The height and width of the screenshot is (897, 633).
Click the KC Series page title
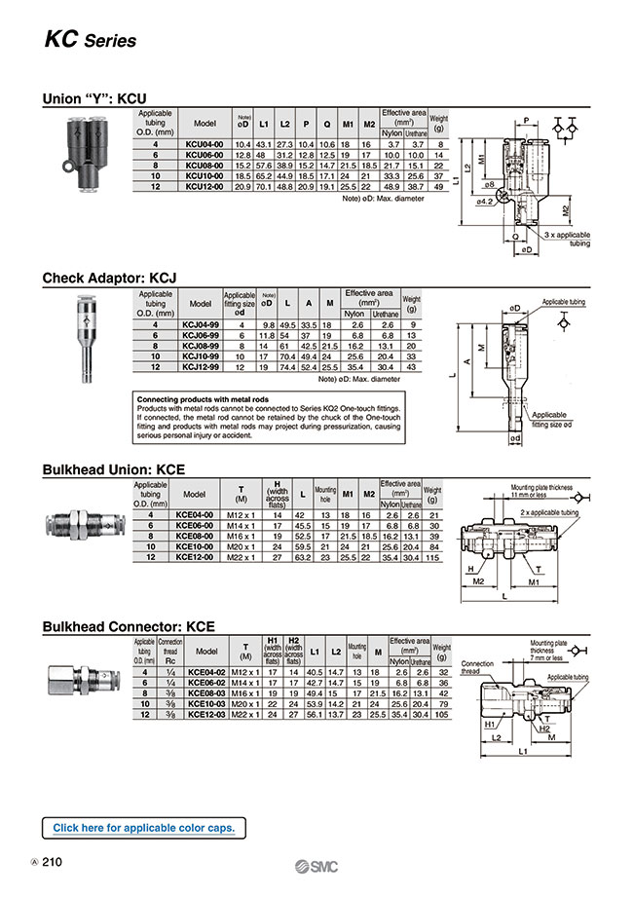click(x=90, y=41)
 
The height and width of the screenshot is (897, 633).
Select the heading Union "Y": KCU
click(x=94, y=98)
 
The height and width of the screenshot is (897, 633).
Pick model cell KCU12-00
click(x=205, y=185)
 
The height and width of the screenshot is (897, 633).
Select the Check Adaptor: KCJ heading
click(x=109, y=278)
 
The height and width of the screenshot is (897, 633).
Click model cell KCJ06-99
click(x=201, y=334)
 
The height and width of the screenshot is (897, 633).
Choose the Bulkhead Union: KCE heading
click(x=113, y=469)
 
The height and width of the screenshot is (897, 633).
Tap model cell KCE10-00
click(x=195, y=547)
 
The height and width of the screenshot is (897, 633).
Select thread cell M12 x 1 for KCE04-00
click(x=241, y=514)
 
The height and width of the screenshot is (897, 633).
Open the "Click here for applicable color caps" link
click(x=143, y=828)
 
